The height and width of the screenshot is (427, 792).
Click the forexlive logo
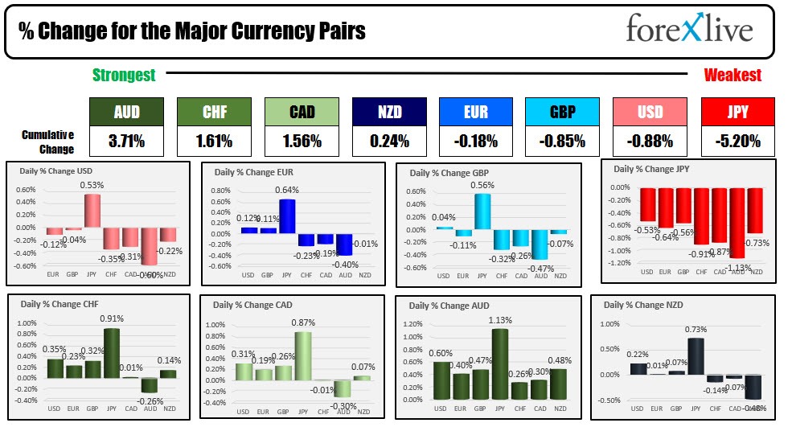point(689,30)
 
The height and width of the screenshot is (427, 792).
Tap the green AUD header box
point(126,112)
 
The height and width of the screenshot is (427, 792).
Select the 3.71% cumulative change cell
point(126,142)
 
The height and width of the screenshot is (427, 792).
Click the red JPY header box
point(737,112)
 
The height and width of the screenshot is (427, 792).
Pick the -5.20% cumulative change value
point(737,142)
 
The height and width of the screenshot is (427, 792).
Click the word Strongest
point(124,75)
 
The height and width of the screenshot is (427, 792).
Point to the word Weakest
point(732,75)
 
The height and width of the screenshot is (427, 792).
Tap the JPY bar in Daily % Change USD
point(92,210)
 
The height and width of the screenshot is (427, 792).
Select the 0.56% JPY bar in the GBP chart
point(482,211)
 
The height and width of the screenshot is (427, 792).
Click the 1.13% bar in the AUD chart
point(501,364)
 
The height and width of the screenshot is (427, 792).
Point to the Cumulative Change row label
point(48,142)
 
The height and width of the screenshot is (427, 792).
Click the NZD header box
point(389,112)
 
